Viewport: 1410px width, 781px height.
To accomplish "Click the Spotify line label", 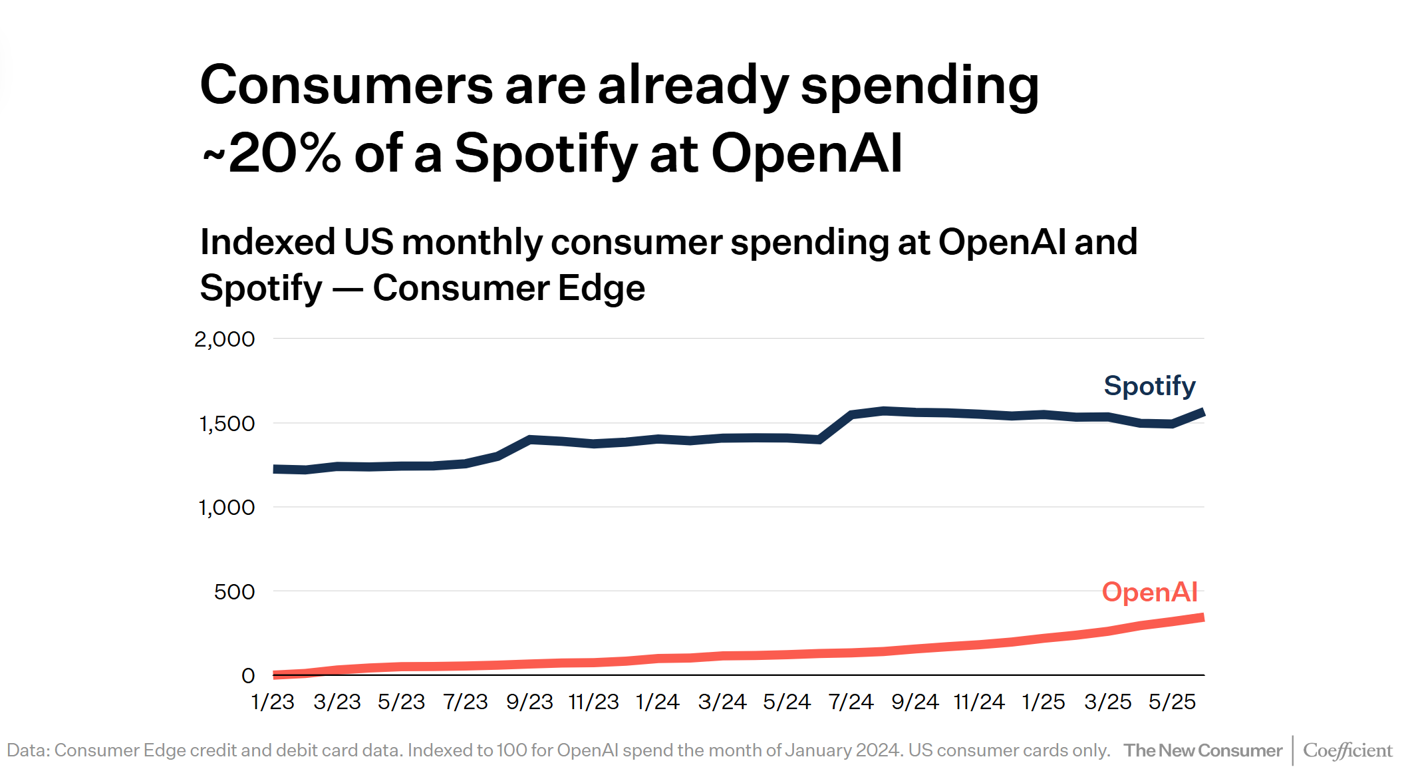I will tap(1149, 386).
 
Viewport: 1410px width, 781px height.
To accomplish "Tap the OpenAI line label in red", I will tap(1149, 592).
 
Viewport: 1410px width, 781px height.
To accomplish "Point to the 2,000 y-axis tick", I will tap(224, 339).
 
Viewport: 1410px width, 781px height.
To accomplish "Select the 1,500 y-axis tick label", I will tap(226, 424).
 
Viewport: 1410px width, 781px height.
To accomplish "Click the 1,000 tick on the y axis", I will tap(226, 508).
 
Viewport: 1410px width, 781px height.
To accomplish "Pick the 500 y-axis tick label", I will tap(234, 592).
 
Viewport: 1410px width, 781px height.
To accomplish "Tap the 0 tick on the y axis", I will tap(248, 676).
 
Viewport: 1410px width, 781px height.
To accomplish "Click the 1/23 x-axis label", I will tap(273, 702).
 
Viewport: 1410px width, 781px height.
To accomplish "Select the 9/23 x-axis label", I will tap(529, 702).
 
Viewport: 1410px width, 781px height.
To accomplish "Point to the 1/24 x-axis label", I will tap(657, 702).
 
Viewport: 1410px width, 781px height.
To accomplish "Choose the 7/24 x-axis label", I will tap(851, 702).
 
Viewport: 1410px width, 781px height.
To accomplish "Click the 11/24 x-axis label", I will tap(979, 702).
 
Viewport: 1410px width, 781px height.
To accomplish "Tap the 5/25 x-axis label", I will tap(1172, 702).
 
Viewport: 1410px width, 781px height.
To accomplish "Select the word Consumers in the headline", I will tap(346, 85).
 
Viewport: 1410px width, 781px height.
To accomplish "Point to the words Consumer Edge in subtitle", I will tap(509, 288).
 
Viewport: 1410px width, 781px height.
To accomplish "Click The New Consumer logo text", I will tap(1202, 750).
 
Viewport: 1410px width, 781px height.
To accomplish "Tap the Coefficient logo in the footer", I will tap(1347, 750).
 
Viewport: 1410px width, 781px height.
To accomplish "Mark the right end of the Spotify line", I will tap(1202, 413).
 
